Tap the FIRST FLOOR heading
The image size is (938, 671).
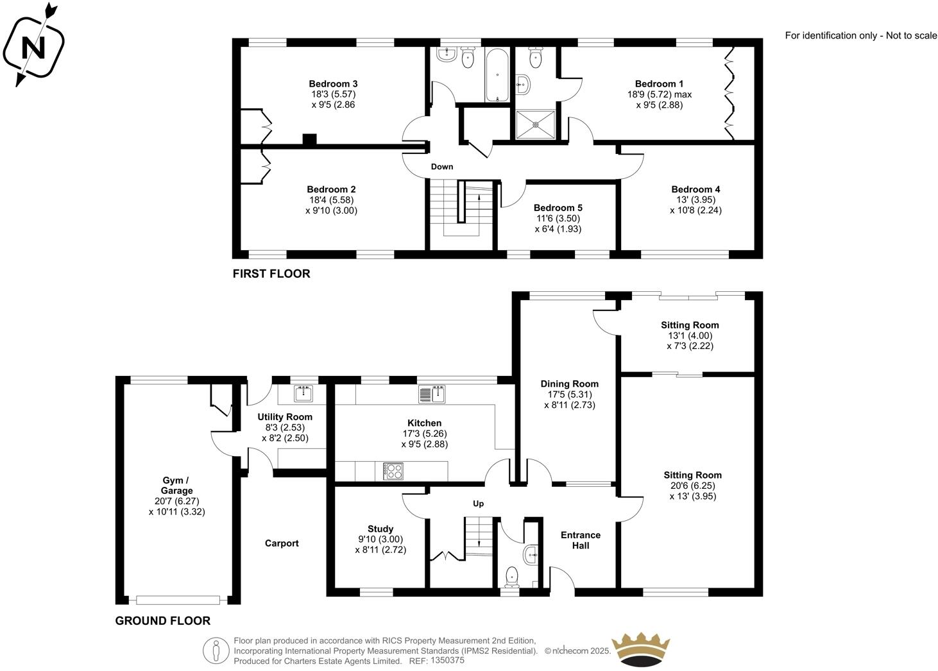pyautogui.click(x=271, y=274)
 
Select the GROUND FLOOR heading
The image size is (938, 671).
pyautogui.click(x=163, y=621)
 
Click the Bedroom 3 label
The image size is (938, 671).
pyautogui.click(x=333, y=84)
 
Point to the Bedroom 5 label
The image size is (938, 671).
pyautogui.click(x=558, y=208)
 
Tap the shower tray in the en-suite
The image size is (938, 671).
pyautogui.click(x=535, y=124)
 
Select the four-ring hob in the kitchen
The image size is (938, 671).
pyautogui.click(x=393, y=471)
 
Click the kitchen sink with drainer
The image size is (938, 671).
pyautogui.click(x=432, y=395)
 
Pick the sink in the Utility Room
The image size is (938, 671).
pyautogui.click(x=303, y=393)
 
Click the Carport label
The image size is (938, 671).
pyautogui.click(x=282, y=543)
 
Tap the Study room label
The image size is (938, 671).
pyautogui.click(x=380, y=529)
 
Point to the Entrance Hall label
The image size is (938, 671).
pyautogui.click(x=581, y=540)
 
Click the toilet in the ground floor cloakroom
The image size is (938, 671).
pyautogui.click(x=512, y=576)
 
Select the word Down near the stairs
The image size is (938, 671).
pyautogui.click(x=441, y=167)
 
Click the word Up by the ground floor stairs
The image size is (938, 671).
pyautogui.click(x=478, y=504)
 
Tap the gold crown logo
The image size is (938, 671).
pyautogui.click(x=640, y=650)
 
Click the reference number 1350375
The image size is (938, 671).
pyautogui.click(x=447, y=661)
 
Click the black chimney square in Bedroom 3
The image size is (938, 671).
pyautogui.click(x=310, y=140)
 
